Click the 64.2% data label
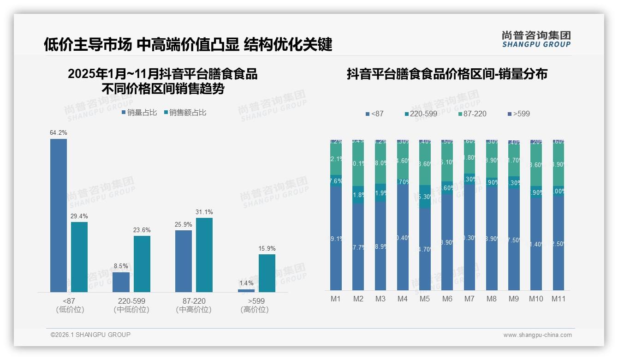point(59,133)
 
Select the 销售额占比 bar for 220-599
point(142,264)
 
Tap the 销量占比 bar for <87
point(59,215)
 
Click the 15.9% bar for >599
point(267,273)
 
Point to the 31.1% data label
point(204,212)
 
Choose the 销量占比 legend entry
point(139,112)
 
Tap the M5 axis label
point(425,299)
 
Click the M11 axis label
point(559,299)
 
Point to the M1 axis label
point(336,299)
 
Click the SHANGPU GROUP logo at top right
point(536,39)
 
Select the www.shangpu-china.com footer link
point(537,335)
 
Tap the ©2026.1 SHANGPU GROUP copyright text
point(90,335)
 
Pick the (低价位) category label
point(70,310)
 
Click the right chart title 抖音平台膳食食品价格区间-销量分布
point(447,74)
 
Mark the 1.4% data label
point(246,283)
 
